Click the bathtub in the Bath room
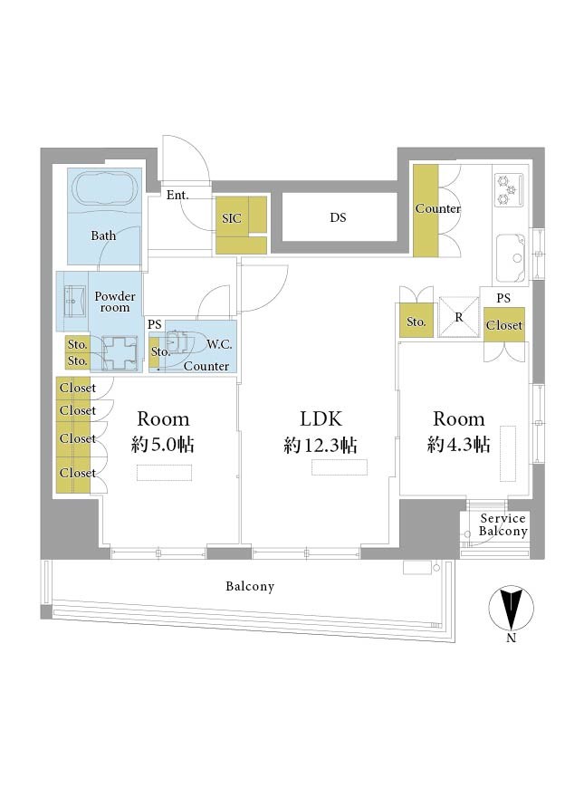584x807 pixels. tap(107, 189)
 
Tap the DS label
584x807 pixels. tap(338, 217)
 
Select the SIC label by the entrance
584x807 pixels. tap(232, 219)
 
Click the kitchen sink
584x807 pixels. tap(511, 257)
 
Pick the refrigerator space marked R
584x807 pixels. tap(459, 317)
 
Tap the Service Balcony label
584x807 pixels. tap(503, 525)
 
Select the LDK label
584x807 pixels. tap(321, 419)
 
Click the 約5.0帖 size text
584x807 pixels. tap(163, 444)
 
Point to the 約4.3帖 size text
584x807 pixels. tap(458, 444)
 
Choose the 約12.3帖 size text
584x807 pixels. tap(320, 445)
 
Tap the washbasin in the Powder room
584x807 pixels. tap(73, 300)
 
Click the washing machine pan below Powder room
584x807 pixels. tap(120, 353)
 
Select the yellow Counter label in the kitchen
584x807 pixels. tap(438, 209)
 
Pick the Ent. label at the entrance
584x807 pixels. tap(177, 195)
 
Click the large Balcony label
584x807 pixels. tap(250, 586)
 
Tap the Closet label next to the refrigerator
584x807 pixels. tap(504, 325)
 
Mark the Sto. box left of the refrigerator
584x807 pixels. tap(416, 322)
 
